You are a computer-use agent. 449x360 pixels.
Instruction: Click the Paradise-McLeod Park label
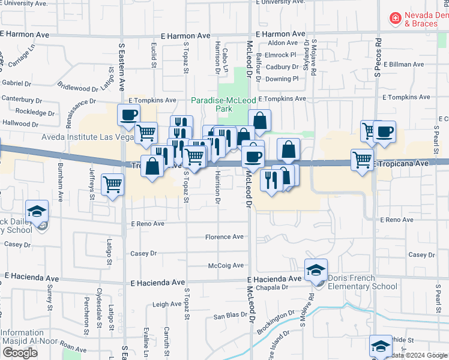point(223,104)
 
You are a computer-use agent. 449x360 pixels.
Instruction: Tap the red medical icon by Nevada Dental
point(395,19)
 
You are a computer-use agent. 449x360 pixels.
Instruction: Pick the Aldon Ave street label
point(283,43)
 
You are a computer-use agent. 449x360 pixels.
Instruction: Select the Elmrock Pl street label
point(281,55)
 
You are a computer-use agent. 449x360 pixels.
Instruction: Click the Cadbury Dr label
point(282,67)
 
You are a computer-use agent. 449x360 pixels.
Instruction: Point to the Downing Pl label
point(282,79)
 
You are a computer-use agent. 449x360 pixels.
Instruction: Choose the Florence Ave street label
point(224,237)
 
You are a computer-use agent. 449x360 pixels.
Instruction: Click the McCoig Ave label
point(226,265)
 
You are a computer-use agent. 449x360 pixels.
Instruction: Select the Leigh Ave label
point(167,304)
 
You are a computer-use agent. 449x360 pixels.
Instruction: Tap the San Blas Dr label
point(228,315)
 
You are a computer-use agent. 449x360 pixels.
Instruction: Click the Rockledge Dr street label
point(35,112)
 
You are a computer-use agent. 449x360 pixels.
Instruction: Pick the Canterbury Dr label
point(23,98)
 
